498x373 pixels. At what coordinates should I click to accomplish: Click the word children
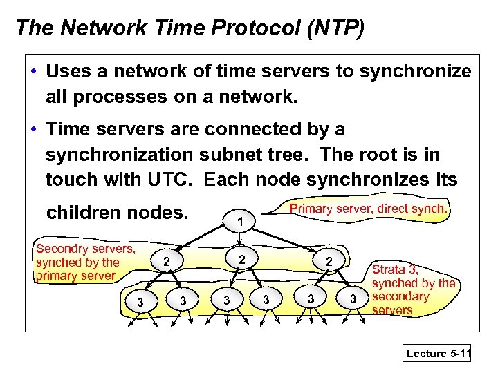coord(88,212)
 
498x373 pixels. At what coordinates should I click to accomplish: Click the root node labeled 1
coord(239,222)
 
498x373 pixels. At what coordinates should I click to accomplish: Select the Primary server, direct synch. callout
coord(369,208)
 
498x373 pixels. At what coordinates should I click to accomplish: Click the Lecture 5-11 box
coord(438,353)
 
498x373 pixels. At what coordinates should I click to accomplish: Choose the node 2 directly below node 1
coord(241,259)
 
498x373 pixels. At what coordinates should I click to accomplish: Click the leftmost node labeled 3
coord(140,302)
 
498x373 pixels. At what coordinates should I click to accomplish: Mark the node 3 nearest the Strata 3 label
coord(353,299)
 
